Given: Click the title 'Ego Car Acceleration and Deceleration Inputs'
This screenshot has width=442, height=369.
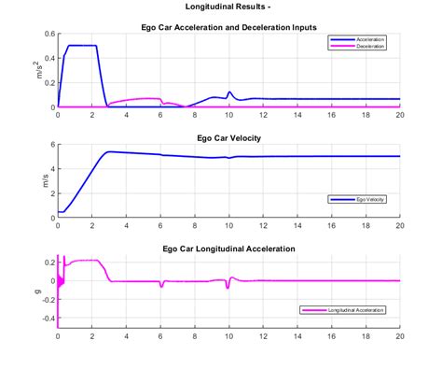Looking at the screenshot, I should (228, 27).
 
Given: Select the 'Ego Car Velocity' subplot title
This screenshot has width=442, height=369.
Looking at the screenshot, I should (228, 138).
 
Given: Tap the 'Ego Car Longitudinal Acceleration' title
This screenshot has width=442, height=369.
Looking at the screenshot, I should (228, 249).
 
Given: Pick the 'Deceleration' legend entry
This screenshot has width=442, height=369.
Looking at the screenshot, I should (371, 46).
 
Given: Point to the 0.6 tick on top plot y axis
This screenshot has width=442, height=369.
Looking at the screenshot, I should (48, 34).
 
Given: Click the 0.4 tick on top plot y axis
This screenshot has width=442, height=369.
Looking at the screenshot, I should (48, 58).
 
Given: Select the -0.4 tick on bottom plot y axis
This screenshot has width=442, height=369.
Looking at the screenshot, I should (46, 318).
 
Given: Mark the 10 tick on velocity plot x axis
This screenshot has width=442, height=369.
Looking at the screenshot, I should (228, 225).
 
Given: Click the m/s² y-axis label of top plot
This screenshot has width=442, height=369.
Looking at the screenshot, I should (41, 70).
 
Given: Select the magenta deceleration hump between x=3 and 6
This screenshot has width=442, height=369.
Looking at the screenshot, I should (140, 99).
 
